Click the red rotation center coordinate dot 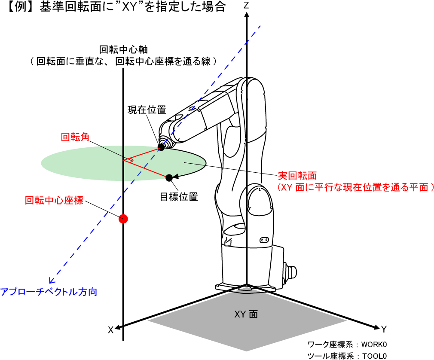[x=124, y=219]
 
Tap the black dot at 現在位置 [x=162, y=147]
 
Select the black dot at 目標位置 [x=169, y=177]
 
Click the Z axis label [x=246, y=6]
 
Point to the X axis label [x=110, y=329]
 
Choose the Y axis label [x=384, y=329]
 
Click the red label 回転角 [x=75, y=137]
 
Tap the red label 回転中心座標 [x=54, y=200]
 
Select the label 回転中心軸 [x=123, y=49]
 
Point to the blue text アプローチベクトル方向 [x=49, y=292]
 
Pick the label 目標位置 [x=179, y=197]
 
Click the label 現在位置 [x=147, y=110]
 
